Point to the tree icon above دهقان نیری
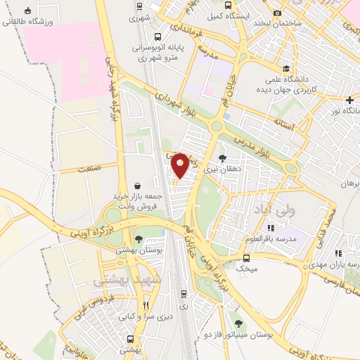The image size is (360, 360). (x=222, y=158)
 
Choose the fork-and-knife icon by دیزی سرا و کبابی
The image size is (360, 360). (x=146, y=305)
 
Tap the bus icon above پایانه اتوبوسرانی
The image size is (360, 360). (x=159, y=37)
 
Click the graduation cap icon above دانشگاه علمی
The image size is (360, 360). (x=286, y=68)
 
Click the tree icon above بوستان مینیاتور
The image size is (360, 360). (x=239, y=323)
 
